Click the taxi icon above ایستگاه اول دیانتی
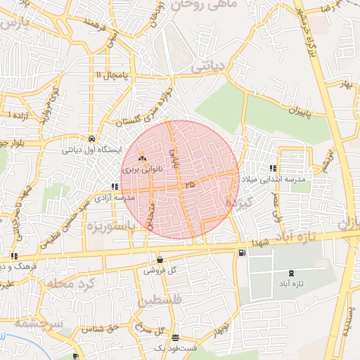click(92, 138)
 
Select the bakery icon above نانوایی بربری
click(142, 160)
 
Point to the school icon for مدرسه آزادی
click(114, 187)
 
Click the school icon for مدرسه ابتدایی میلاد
click(272, 168)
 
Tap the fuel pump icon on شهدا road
click(242, 252)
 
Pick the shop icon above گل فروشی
click(160, 259)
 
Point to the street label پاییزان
click(299, 112)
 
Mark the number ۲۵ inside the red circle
click(188, 184)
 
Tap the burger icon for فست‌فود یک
click(175, 338)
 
